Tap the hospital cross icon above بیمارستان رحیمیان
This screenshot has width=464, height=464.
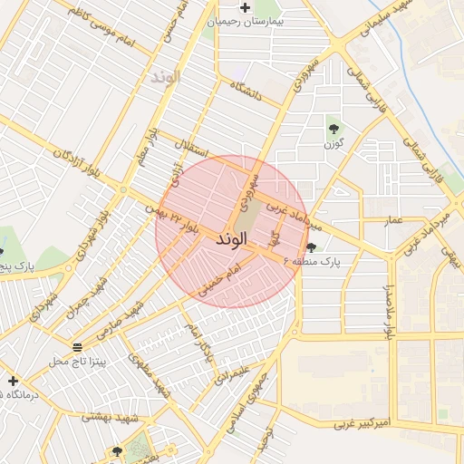[x=220, y=8]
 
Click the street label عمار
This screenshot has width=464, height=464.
[x=393, y=220]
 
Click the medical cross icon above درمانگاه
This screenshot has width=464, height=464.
[x=12, y=380]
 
